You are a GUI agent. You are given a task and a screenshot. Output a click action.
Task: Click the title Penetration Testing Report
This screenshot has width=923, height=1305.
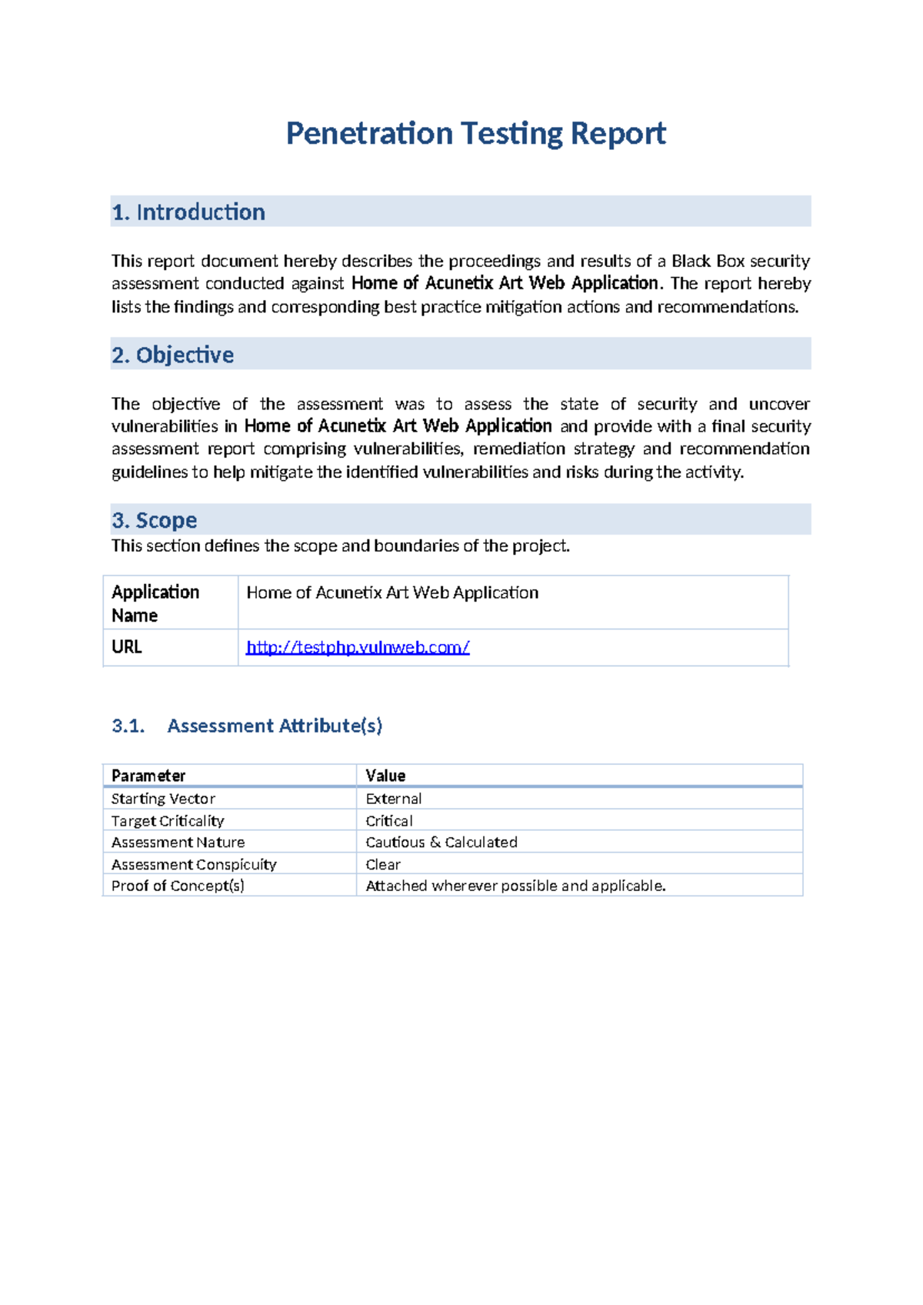pos(475,134)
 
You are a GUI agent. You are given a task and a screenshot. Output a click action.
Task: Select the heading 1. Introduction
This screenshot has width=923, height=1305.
pos(188,212)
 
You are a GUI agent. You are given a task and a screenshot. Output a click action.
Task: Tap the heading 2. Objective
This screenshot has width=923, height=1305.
pos(173,355)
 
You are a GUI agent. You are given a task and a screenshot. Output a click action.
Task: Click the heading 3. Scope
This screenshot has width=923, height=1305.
pos(155,520)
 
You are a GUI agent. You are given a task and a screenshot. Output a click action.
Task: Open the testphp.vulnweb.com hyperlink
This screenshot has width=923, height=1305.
pos(358,647)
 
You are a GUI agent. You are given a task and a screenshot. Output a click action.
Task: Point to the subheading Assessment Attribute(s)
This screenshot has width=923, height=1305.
pos(275,726)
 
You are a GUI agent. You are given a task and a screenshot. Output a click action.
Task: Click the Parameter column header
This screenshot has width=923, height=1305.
pos(148,776)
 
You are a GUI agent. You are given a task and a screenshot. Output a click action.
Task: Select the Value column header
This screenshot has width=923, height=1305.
pos(385,776)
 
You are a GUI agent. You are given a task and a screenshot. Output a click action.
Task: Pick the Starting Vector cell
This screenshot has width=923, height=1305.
pos(163,799)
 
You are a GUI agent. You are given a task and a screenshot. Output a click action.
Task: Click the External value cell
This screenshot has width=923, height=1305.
pos(394,799)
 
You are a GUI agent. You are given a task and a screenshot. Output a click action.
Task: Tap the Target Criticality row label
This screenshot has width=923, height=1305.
pos(168,821)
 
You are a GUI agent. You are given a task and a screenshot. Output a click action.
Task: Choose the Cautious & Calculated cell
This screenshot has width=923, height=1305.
pos(442,843)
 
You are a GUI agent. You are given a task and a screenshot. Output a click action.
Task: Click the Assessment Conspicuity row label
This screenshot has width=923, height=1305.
pos(194,864)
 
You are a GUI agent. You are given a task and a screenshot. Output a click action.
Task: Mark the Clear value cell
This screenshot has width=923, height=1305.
pos(383,864)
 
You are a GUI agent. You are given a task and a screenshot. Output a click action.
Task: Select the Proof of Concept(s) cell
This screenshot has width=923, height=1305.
pos(178,886)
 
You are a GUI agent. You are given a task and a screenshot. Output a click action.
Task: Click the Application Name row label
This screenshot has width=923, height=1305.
pos(155,603)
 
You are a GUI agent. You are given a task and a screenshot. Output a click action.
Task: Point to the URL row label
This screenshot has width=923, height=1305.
pos(127,647)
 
